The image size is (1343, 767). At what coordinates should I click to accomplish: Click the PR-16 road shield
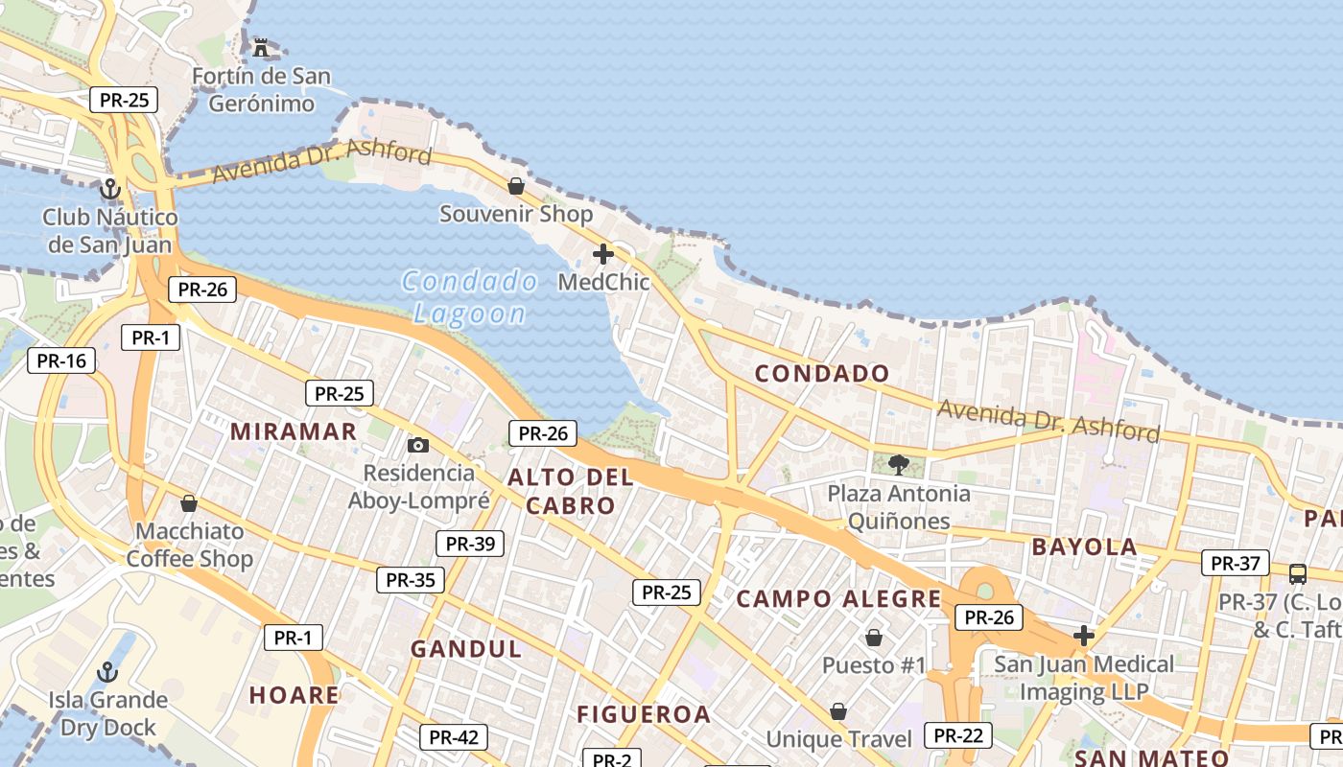point(62,360)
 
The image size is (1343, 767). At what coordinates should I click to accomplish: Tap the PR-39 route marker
point(470,544)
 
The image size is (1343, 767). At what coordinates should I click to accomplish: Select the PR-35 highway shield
point(411,579)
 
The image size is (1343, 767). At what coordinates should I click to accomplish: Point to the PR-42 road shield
point(454,737)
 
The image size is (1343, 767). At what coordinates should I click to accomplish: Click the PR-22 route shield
point(958,735)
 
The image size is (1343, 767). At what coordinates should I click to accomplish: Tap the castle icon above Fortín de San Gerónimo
point(260,47)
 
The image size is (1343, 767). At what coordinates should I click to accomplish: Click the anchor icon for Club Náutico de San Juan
point(110,188)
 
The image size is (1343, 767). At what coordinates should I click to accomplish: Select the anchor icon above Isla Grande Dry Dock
point(107,671)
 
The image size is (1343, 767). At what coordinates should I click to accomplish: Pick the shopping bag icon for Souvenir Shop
point(516,185)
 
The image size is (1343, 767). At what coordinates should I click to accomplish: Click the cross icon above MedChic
point(603,254)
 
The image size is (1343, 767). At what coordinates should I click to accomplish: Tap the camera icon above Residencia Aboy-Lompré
point(418,445)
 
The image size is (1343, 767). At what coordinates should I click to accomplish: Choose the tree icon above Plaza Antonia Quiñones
point(899,465)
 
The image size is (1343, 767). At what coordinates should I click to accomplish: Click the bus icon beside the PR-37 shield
point(1298,574)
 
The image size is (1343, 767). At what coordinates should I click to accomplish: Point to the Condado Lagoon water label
point(469,296)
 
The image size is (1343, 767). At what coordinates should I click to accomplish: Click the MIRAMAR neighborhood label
point(294,431)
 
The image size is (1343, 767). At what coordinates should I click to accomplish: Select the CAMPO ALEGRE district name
point(839,599)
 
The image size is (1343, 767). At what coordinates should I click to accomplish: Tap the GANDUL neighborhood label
point(466,649)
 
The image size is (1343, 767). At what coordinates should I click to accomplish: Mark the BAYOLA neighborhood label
point(1084,547)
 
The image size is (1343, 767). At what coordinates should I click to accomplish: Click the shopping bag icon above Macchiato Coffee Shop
point(189,503)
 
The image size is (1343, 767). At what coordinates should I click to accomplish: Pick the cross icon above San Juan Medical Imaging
point(1084,636)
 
